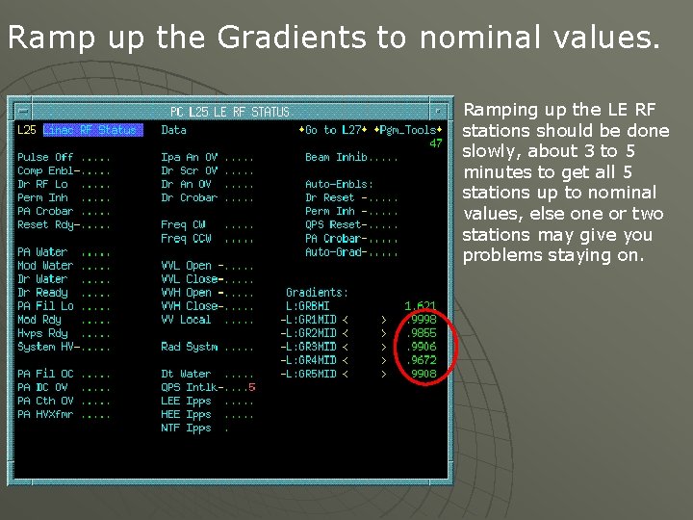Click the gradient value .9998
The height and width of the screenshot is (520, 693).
[x=422, y=320]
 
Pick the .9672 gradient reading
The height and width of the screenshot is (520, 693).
[x=422, y=360]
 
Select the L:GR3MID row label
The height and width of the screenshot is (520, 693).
[x=308, y=347]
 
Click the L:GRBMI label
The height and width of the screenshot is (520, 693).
[x=308, y=306]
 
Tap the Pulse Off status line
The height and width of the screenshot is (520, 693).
[x=45, y=157]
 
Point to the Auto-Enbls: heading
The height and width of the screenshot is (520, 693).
[x=339, y=184]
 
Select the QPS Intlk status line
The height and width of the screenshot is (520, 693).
[x=192, y=387]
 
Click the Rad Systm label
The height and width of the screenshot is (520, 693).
[x=189, y=347]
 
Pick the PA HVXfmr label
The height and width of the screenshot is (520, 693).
[x=45, y=414]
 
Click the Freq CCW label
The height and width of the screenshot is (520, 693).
[x=186, y=238]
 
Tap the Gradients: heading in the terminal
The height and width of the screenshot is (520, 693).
[x=318, y=292]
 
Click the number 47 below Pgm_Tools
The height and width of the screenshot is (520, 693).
[x=436, y=143]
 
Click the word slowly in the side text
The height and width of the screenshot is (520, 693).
[x=486, y=151]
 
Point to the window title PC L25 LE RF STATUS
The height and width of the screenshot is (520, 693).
[x=230, y=112]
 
